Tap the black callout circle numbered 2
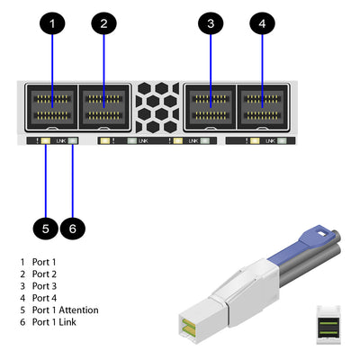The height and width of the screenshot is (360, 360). click(x=103, y=23)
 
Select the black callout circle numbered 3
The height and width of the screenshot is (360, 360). click(x=210, y=23)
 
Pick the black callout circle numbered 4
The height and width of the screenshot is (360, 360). click(x=262, y=23)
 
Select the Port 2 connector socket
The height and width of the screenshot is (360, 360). click(x=104, y=109)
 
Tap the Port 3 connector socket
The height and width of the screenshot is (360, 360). click(x=210, y=109)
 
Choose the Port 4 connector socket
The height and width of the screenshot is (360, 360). click(x=262, y=109)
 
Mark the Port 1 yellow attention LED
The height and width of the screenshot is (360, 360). click(x=45, y=141)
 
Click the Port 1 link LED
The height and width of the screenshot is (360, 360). click(x=73, y=141)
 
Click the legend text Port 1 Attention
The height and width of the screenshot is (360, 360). click(x=65, y=310)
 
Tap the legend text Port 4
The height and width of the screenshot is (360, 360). click(x=43, y=297)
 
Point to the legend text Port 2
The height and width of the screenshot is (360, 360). click(x=43, y=273)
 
